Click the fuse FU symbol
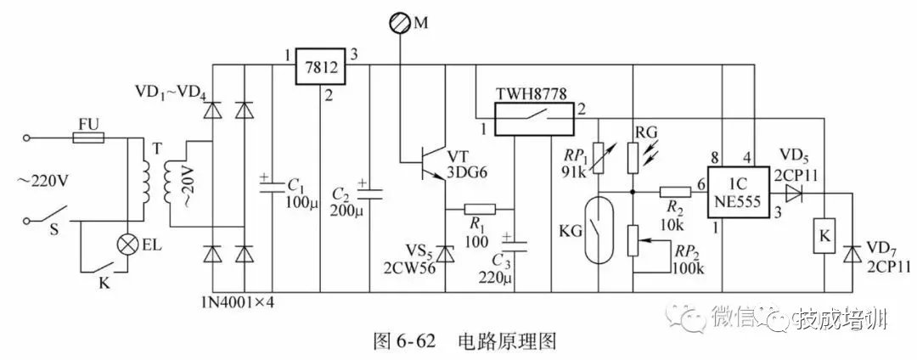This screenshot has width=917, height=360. (x=88, y=136)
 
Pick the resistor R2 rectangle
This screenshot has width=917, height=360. (x=677, y=192)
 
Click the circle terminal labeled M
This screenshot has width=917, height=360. (x=399, y=23)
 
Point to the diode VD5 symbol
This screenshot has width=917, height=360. (x=793, y=192)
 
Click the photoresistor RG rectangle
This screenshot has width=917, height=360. (x=633, y=158)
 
